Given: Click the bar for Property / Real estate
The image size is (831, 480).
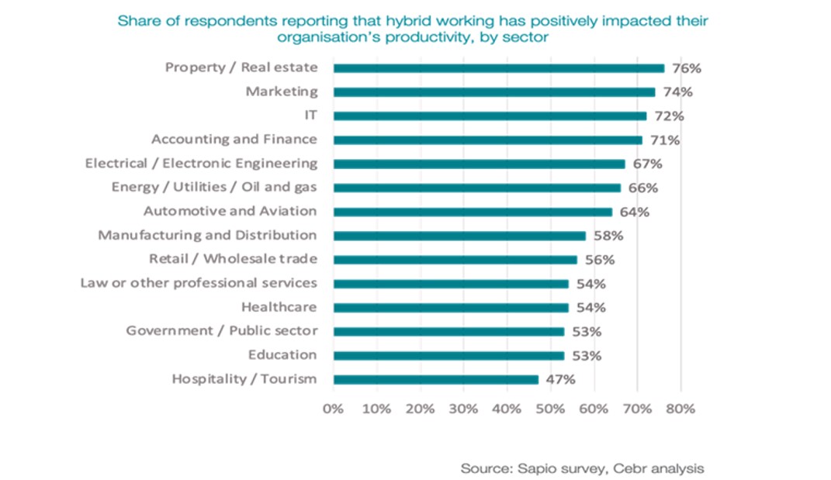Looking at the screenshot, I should pyautogui.click(x=498, y=68).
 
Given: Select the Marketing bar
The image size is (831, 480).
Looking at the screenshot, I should pyautogui.click(x=493, y=92).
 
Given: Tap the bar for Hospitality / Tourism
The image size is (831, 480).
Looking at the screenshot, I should pyautogui.click(x=435, y=379).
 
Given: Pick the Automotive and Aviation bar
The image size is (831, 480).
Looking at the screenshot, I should pyautogui.click(x=473, y=212).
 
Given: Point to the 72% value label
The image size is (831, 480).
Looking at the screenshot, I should pyautogui.click(x=669, y=116).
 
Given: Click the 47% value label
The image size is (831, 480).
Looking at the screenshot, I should pyautogui.click(x=560, y=379).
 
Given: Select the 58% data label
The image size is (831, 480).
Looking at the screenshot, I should pyautogui.click(x=608, y=236).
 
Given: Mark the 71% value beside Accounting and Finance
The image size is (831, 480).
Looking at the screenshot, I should pyautogui.click(x=664, y=140).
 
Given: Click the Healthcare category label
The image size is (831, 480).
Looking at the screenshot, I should pyautogui.click(x=279, y=307).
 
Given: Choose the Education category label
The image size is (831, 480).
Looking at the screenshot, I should pyautogui.click(x=282, y=355).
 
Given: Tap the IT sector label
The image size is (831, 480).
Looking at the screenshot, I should pyautogui.click(x=311, y=116).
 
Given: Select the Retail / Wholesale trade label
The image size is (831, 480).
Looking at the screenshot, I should pyautogui.click(x=233, y=259).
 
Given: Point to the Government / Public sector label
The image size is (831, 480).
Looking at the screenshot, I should pyautogui.click(x=222, y=331).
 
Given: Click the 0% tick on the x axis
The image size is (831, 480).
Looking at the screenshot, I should pyautogui.click(x=333, y=408).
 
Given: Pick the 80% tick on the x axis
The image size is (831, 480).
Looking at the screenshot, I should pyautogui.click(x=680, y=408).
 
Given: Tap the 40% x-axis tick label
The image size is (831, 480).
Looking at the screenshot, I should pyautogui.click(x=507, y=408).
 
